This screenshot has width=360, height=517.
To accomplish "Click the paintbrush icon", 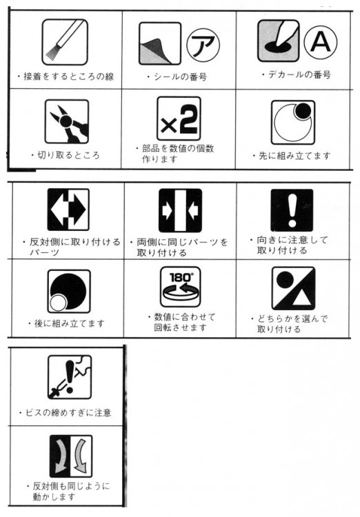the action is (x=65, y=42).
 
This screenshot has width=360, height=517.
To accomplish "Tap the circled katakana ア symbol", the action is (x=203, y=45).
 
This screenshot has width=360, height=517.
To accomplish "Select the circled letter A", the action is (x=321, y=43).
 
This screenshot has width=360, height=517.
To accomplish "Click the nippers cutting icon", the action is (x=67, y=121).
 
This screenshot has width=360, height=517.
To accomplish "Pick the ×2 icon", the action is (x=179, y=119).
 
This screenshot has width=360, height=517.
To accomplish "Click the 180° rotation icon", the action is (x=181, y=287).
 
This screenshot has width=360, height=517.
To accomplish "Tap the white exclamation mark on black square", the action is (x=292, y=210).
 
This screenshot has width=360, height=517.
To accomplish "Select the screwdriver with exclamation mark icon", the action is (x=70, y=377).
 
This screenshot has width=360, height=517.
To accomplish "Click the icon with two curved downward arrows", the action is (x=70, y=456).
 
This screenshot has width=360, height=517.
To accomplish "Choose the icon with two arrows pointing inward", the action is (x=180, y=210).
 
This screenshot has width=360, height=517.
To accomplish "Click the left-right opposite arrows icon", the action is (x=68, y=210).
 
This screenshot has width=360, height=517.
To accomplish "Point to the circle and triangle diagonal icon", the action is (x=293, y=289).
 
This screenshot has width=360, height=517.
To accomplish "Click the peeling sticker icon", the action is (x=160, y=43).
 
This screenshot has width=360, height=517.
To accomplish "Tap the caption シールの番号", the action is (x=180, y=77).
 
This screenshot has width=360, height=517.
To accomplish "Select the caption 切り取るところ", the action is (x=68, y=155).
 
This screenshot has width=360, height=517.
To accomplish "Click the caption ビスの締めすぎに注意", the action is (x=68, y=413).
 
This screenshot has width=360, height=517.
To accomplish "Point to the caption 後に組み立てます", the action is (x=69, y=323).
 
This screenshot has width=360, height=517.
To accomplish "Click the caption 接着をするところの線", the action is (x=69, y=77).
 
